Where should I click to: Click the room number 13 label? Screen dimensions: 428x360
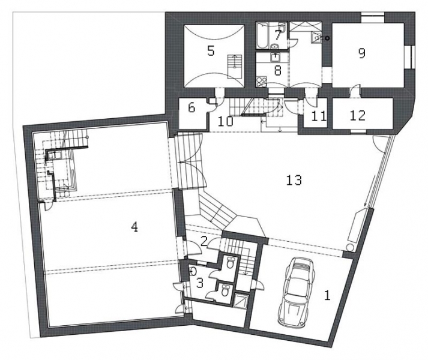click(294, 180)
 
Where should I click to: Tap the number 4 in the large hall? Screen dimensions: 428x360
click(134, 227)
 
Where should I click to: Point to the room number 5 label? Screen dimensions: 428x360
click(211, 51)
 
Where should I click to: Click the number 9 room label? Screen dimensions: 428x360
click(362, 53)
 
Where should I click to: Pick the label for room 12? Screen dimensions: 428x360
click(358, 115)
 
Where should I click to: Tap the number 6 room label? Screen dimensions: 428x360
click(191, 108)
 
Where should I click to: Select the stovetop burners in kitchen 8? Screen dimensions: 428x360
click(262, 82)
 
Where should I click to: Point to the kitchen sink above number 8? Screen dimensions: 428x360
click(275, 58)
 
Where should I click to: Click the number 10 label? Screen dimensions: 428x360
click(226, 121)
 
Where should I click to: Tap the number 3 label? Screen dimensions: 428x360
click(200, 283)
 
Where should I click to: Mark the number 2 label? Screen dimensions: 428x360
click(203, 241)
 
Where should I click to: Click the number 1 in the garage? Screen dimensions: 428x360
click(327, 295)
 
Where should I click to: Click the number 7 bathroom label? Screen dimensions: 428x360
click(278, 35)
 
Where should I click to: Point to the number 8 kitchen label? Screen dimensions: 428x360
click(278, 70)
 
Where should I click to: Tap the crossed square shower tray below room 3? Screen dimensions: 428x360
click(241, 300)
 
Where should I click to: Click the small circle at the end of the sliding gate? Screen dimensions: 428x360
click(350, 247)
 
